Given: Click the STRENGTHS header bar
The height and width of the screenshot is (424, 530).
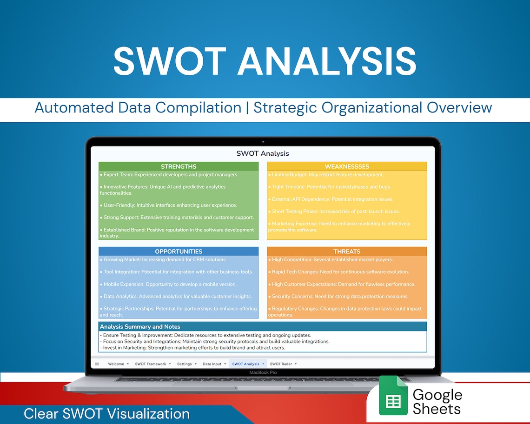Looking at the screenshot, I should coord(179,166).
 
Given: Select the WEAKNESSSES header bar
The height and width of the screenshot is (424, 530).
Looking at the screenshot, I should coord(347,166).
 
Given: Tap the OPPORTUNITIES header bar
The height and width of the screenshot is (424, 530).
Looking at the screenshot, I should coord(179,252).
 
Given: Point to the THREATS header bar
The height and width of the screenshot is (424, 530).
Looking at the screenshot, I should coord(347,252).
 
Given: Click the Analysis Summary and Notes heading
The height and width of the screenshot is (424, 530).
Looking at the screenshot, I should coord(140,327).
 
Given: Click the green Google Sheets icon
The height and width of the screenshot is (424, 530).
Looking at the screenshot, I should coord(393,396).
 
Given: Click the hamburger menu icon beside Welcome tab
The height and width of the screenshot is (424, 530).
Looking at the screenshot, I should coord(97,364).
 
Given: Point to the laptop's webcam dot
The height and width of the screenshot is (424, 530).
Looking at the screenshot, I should coord(263,142).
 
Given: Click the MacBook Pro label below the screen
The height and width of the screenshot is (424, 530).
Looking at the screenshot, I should coord(263,372).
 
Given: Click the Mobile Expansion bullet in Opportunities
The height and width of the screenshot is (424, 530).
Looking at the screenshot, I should coord(170,284).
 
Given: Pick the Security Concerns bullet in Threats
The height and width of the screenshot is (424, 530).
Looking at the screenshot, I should coord(340,296).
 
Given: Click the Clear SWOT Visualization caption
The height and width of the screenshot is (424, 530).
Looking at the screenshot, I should coord(106,413).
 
